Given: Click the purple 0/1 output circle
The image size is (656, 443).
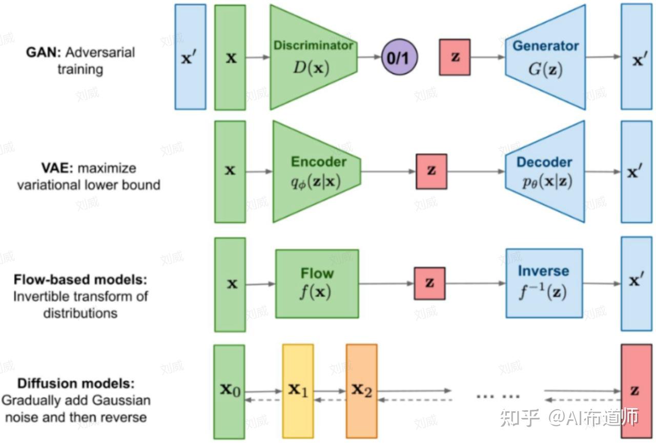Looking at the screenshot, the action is click(399, 57).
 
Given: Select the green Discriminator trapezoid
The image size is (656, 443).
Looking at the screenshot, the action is click(313, 57).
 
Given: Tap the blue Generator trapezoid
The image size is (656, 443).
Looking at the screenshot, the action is click(546, 57).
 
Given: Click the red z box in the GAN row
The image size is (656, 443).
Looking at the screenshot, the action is click(455, 57).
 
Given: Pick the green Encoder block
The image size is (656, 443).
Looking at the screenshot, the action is click(317, 172).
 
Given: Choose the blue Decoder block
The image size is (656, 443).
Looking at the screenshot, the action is click(545, 172).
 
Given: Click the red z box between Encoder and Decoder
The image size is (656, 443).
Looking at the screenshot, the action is click(432, 172).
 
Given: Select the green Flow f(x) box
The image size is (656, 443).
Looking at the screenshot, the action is click(317, 284).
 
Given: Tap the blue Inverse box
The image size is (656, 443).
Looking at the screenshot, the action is click(544, 283).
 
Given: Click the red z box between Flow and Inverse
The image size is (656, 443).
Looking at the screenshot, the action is click(429, 283).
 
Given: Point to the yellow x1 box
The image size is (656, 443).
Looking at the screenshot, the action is click(298, 391).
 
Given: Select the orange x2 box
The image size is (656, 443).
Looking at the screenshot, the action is click(362, 391).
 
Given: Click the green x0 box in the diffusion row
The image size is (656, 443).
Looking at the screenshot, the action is click(229, 392).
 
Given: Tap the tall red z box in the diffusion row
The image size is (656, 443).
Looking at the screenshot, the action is click(637, 391).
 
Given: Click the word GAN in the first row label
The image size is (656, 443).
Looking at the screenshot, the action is click(43, 53).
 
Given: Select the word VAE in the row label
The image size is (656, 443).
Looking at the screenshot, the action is click(56, 168).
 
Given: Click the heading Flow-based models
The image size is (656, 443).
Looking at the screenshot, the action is click(80, 280).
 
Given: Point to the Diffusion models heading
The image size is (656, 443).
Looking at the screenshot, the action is click(76, 383).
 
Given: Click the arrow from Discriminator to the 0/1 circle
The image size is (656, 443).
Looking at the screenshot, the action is click(370, 57).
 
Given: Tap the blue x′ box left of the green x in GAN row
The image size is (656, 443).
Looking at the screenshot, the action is click(190, 57).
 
